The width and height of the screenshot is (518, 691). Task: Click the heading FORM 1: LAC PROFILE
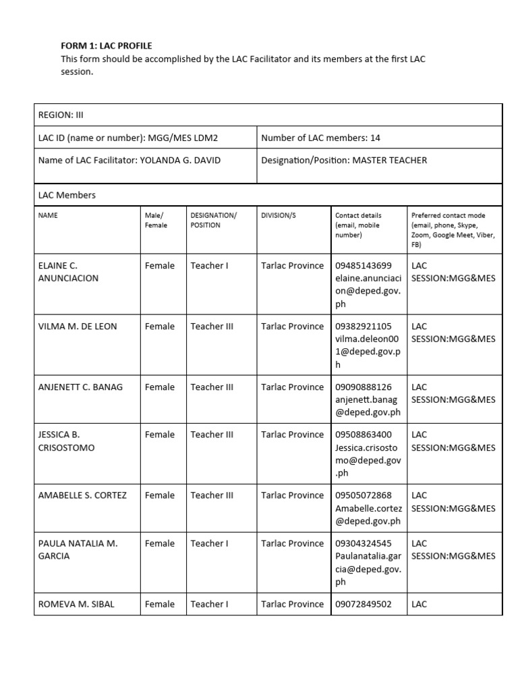107,46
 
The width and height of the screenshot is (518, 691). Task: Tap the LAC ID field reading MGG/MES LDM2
128,138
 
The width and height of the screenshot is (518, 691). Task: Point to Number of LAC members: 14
320,138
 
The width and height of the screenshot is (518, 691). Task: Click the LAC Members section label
67,195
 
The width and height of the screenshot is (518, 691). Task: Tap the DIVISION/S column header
278,215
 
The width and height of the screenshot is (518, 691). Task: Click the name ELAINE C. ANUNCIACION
68,272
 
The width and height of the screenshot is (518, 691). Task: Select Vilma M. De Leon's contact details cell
368,345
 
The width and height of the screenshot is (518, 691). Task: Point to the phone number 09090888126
363,387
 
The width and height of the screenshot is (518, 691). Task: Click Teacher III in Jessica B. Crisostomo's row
212,435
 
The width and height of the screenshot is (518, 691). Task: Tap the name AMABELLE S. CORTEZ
82,495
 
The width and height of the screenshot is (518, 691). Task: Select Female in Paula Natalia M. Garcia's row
159,543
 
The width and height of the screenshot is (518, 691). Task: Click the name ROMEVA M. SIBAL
76,604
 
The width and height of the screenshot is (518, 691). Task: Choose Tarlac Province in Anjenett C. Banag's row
292,387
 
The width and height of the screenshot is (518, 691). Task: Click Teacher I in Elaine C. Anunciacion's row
209,266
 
